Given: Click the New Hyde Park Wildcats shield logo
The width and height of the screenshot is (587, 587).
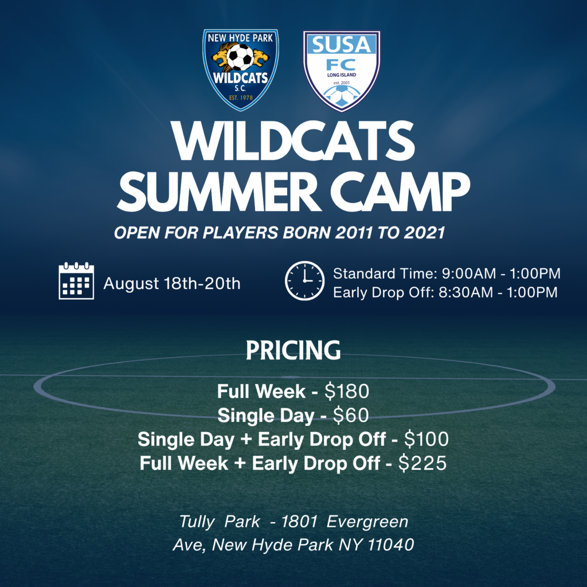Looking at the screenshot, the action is click(x=241, y=69).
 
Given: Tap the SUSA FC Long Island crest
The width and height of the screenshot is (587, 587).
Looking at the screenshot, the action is click(x=342, y=71).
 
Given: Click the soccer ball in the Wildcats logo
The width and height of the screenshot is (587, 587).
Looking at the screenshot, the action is click(x=240, y=57).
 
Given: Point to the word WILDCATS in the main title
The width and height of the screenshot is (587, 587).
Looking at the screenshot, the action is click(x=293, y=141).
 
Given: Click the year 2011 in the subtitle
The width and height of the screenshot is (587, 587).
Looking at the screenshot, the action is click(x=354, y=233).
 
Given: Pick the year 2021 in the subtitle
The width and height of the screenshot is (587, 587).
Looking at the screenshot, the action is click(x=425, y=233).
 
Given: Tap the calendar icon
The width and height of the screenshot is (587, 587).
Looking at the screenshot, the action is click(x=76, y=281).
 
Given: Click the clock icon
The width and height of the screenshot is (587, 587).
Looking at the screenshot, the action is click(x=305, y=281).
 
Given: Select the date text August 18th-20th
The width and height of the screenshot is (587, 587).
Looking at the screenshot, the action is click(x=172, y=283).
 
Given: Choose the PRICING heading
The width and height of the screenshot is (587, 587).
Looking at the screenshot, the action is click(x=293, y=350).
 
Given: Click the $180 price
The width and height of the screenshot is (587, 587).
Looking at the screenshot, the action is click(x=347, y=391).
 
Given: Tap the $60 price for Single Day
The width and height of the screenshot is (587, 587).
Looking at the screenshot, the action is click(x=351, y=415).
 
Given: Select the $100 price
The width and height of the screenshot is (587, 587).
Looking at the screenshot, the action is click(x=426, y=439).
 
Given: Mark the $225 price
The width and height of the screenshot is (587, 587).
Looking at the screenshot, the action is click(x=422, y=463).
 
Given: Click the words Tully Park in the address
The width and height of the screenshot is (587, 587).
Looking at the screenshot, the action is click(x=220, y=522).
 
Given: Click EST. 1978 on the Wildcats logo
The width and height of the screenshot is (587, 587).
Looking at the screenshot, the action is click(x=241, y=97).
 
